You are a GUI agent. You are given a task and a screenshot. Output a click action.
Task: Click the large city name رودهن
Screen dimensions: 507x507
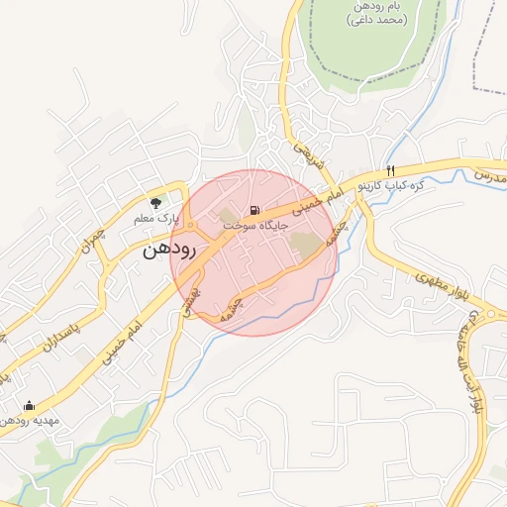click(170, 250)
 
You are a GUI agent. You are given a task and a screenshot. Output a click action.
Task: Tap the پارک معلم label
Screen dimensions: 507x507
click(157, 215)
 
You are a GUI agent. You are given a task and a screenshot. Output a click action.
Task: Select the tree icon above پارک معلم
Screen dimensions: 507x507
click(154, 203)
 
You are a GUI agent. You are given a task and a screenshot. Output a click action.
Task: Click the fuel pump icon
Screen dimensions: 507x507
click(256, 210)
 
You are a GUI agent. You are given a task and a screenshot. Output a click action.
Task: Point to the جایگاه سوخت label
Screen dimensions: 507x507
click(255, 226)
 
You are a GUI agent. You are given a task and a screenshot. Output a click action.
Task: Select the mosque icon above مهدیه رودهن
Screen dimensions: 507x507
click(28, 405)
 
